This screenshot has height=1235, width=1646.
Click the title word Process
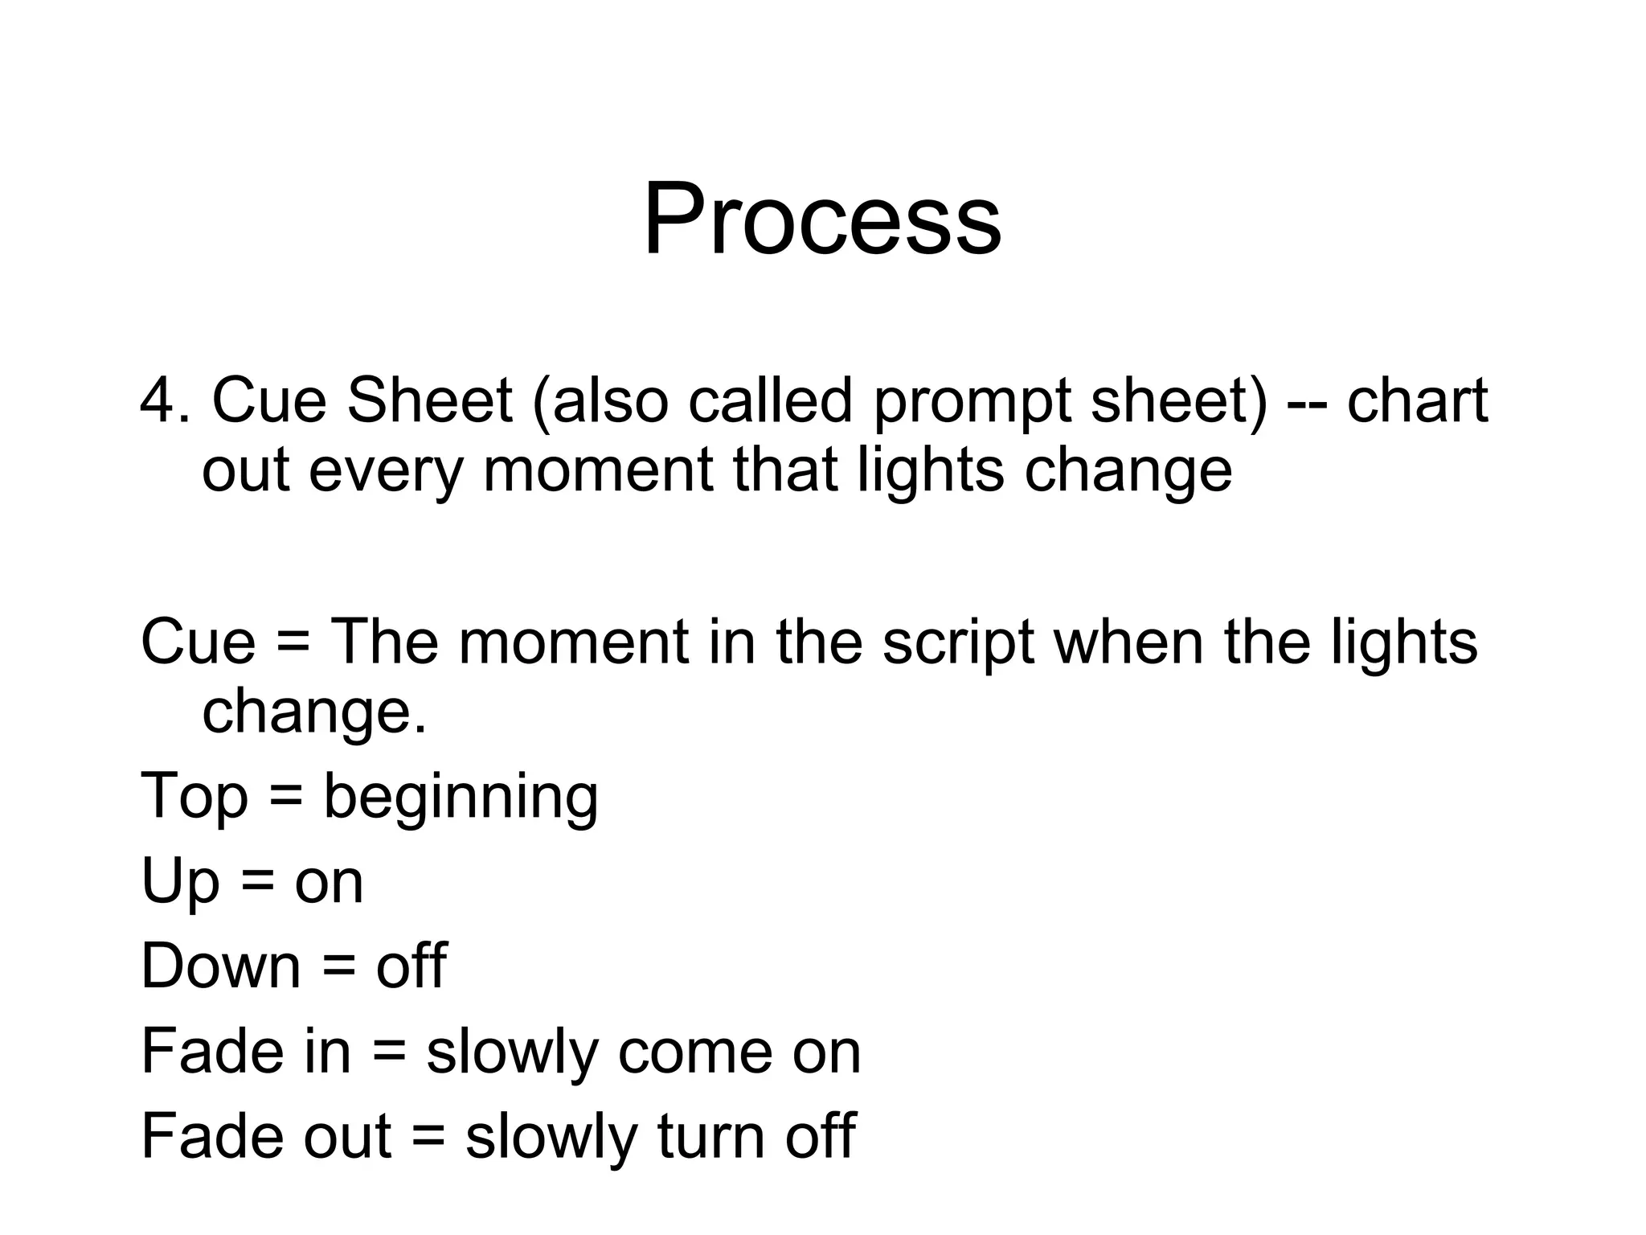pyautogui.click(x=822, y=219)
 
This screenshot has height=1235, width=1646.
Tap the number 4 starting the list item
pyautogui.click(x=158, y=400)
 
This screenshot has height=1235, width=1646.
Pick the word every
pyautogui.click(x=386, y=471)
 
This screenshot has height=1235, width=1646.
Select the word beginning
pyautogui.click(x=461, y=798)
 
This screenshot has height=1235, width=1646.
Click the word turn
pyautogui.click(x=710, y=1136)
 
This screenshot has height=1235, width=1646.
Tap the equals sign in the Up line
pyautogui.click(x=257, y=883)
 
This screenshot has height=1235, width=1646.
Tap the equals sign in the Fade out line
pyautogui.click(x=428, y=1136)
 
